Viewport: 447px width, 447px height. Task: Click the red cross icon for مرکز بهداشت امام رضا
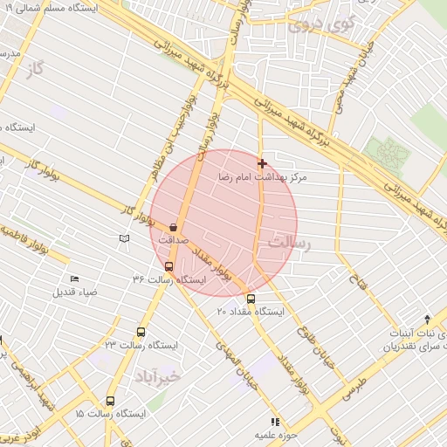[262, 163]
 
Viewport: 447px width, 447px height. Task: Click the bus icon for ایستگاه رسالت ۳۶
[168, 266]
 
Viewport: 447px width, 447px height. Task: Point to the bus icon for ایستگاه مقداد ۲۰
[251, 299]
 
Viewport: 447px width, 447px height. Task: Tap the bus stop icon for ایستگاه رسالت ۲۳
[141, 332]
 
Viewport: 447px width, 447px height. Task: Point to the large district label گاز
[35, 68]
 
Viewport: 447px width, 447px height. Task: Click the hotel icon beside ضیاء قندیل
[74, 279]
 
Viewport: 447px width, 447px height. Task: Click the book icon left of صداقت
[124, 238]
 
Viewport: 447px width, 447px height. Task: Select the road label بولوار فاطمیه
[35, 244]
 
